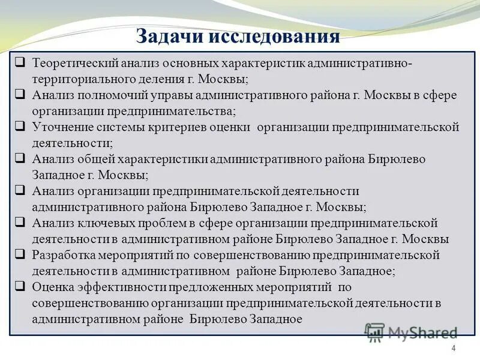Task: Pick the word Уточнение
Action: pyautogui.click(x=61, y=127)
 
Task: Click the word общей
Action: pyautogui.click(x=91, y=159)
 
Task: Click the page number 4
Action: pyautogui.click(x=453, y=349)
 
